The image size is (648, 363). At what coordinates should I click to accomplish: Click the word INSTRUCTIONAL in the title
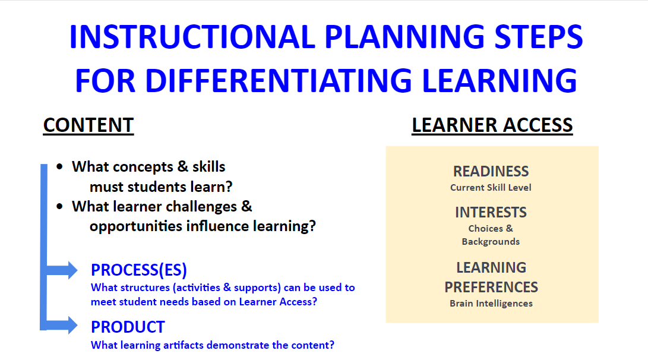pos(192,37)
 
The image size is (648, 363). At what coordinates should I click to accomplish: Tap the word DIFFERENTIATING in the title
pos(279,80)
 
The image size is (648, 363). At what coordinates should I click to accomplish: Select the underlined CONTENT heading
pos(88,125)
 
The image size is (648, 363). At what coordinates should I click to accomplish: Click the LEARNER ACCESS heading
pos(492,125)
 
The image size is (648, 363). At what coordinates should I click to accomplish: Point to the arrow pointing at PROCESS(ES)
pos(62,270)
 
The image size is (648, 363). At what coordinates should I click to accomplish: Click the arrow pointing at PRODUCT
pos(62,325)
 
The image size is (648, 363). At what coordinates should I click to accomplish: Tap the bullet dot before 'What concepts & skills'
pos(60,166)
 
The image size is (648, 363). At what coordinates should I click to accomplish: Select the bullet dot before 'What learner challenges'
pos(60,206)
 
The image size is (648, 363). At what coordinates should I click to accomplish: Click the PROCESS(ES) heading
pos(139,270)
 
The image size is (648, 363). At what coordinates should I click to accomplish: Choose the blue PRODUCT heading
pos(128,327)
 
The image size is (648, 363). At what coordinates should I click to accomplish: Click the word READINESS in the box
pos(491,171)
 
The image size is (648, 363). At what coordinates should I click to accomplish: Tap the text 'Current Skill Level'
pos(491,188)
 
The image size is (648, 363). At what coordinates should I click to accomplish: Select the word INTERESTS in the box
pos(491,213)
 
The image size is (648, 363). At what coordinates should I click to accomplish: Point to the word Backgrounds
pos(491,241)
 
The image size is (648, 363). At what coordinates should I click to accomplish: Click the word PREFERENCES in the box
pos(491,287)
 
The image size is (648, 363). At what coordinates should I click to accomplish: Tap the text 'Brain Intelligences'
pos(491,304)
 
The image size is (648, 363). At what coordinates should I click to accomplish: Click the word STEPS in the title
pos(539,37)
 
